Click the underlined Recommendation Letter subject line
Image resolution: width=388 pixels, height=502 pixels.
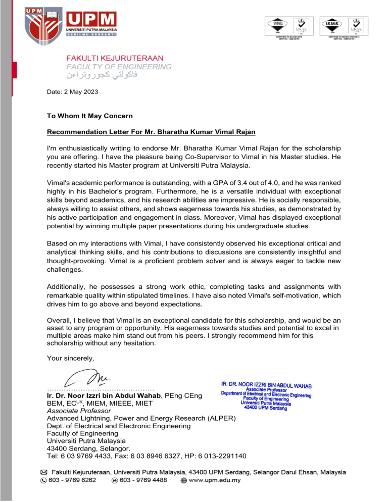pos(151,132)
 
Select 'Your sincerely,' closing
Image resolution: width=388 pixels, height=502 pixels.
pos(70,359)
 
